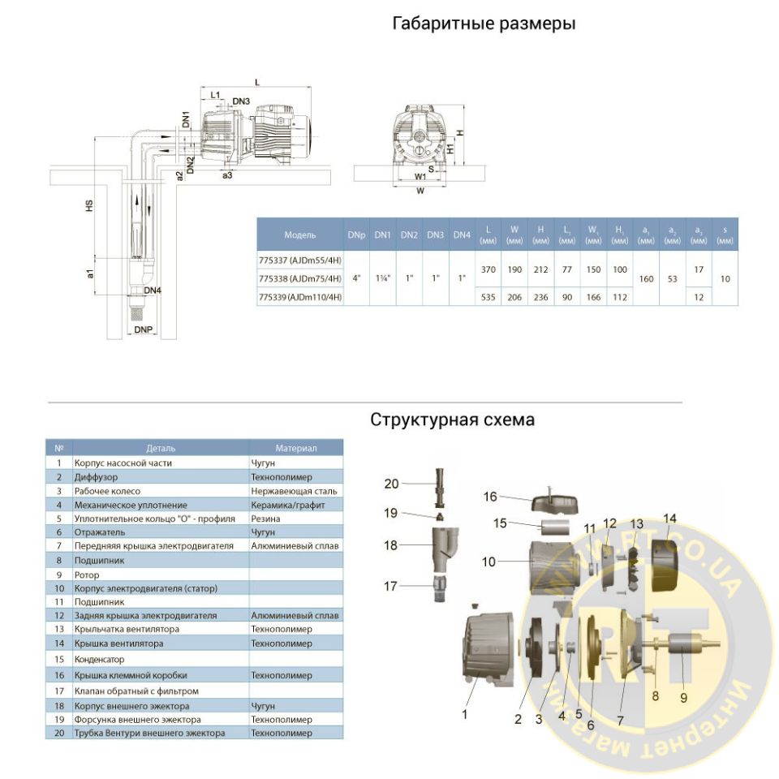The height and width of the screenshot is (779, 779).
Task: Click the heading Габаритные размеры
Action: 484,24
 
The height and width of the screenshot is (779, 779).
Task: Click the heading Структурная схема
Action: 453,420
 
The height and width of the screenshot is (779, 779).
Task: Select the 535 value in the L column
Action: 488,297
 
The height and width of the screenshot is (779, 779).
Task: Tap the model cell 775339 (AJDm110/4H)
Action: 299,297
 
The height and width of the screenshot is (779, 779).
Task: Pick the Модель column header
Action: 300,235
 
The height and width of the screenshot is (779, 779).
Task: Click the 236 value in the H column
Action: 540,297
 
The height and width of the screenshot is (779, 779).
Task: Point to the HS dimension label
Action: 89,207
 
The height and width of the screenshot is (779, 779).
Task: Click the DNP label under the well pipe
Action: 143,330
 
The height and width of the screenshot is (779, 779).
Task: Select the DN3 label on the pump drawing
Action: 241,101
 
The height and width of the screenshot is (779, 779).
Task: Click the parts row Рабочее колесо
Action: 108,491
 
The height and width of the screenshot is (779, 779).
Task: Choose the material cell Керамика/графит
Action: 283,505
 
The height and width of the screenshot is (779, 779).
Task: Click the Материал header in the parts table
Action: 296,448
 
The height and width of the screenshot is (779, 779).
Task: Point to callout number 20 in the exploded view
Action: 392,484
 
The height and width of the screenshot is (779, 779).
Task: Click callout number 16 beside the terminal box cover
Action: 490,496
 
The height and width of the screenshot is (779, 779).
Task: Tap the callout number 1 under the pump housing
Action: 464,714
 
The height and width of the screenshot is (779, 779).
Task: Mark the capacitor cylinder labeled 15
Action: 557,532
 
